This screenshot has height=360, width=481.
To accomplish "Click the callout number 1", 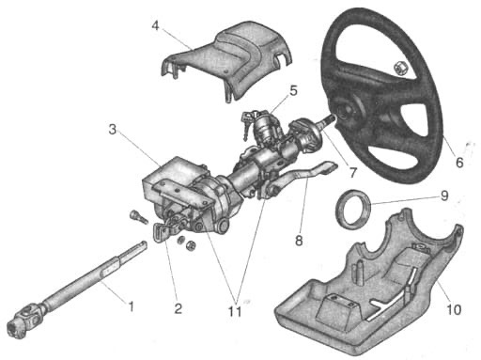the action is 132,305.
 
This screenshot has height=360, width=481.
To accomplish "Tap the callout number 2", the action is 178,308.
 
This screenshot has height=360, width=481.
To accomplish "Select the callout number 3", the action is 113,129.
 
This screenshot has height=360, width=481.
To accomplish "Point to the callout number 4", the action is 155,26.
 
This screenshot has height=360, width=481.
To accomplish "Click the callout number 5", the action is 293,90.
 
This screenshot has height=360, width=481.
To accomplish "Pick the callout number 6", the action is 459,163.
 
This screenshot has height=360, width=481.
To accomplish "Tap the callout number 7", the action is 353,172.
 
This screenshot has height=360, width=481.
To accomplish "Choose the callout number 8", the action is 299,241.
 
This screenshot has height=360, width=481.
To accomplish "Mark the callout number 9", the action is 444,196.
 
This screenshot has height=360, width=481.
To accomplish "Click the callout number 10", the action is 454,309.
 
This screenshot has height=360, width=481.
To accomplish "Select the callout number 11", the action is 235,311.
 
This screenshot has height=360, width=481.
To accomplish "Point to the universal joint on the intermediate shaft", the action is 25,319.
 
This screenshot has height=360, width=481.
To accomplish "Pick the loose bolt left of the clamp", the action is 138,216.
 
